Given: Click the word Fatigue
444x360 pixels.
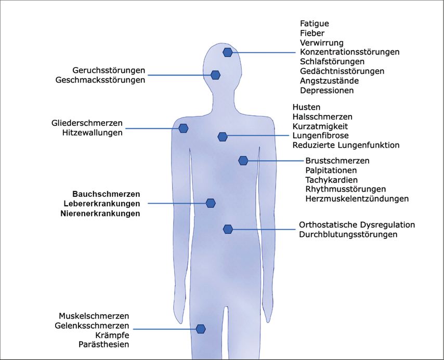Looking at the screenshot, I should pos(315,23).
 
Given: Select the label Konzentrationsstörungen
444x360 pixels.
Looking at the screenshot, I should pos(349,52).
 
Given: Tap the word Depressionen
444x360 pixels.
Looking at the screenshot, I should pos(327,90).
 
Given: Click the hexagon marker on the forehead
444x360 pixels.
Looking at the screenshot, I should pos(228,52).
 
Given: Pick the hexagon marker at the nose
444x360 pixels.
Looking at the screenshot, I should pos(215,75).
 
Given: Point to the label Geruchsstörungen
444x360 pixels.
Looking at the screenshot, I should pos(109,70).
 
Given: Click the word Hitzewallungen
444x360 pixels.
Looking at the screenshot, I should pos(92,132).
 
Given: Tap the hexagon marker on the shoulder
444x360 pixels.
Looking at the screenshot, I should pos(183,128).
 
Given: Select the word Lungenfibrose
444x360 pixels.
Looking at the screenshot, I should pos(320,136).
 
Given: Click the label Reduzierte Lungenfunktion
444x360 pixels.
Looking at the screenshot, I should pos(346,145).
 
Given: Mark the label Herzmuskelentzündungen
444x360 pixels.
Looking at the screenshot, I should pos(357,198).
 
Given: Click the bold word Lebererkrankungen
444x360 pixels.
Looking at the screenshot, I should pos(101,203).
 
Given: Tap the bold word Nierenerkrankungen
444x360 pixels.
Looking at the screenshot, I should pos(100,213).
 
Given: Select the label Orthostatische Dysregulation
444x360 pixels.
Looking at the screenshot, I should pos(357,225).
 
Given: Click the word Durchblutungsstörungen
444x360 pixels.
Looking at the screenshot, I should pos(348,234).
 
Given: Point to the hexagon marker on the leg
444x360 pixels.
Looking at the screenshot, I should pos(200,329).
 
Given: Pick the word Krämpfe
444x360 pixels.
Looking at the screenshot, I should pos(111,335).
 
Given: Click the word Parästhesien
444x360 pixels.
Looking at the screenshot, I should pos(104,344).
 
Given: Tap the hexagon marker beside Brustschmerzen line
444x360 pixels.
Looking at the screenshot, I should pos(243,161).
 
